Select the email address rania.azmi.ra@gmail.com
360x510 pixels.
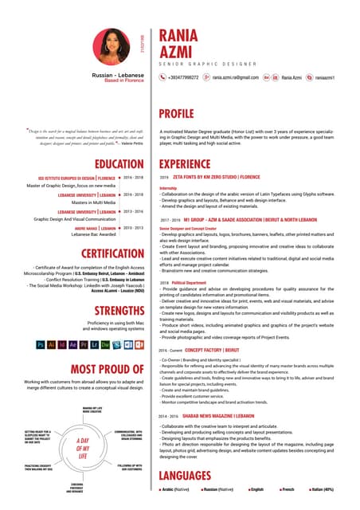(235, 77)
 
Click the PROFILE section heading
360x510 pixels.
(182, 113)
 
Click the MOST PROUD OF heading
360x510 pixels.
(107, 369)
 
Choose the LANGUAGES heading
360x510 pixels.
(190, 476)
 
